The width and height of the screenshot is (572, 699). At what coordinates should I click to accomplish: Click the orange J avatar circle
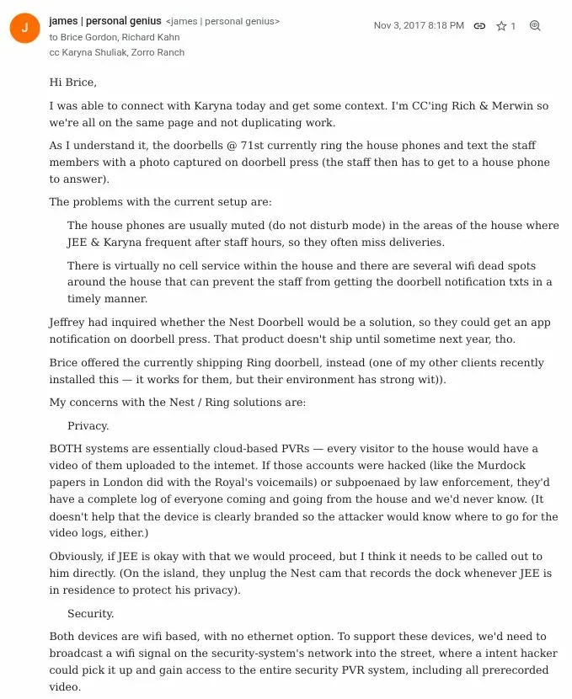pos(24,28)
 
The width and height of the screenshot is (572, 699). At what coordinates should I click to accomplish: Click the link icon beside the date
pos(479,26)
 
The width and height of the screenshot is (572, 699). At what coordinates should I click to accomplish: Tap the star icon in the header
pos(501,26)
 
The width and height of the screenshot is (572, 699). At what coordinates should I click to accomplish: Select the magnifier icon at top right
pos(535,26)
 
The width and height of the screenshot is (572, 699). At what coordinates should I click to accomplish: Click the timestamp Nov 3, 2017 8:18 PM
pos(419,26)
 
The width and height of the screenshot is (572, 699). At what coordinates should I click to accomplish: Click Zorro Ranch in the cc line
pos(159,52)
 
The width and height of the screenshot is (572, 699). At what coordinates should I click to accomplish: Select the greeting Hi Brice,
pos(73,82)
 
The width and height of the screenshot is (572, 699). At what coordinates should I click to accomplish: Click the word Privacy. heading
pos(88,426)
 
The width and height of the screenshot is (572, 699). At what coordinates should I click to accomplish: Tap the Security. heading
pos(91,614)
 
